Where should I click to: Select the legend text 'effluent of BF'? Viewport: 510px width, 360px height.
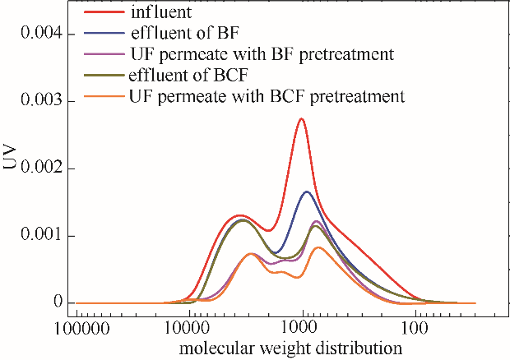[181, 35]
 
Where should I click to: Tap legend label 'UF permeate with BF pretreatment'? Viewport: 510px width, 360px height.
[260, 54]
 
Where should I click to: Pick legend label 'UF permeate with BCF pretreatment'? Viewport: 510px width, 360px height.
[267, 96]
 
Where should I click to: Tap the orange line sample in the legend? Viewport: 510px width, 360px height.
[105, 97]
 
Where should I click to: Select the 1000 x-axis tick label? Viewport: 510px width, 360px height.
[304, 328]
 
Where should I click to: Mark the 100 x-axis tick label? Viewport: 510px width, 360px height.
[416, 328]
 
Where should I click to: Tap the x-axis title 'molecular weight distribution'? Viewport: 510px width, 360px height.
[294, 348]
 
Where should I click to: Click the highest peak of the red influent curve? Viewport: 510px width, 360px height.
[302, 119]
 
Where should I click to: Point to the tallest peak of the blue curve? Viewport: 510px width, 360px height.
[307, 192]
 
